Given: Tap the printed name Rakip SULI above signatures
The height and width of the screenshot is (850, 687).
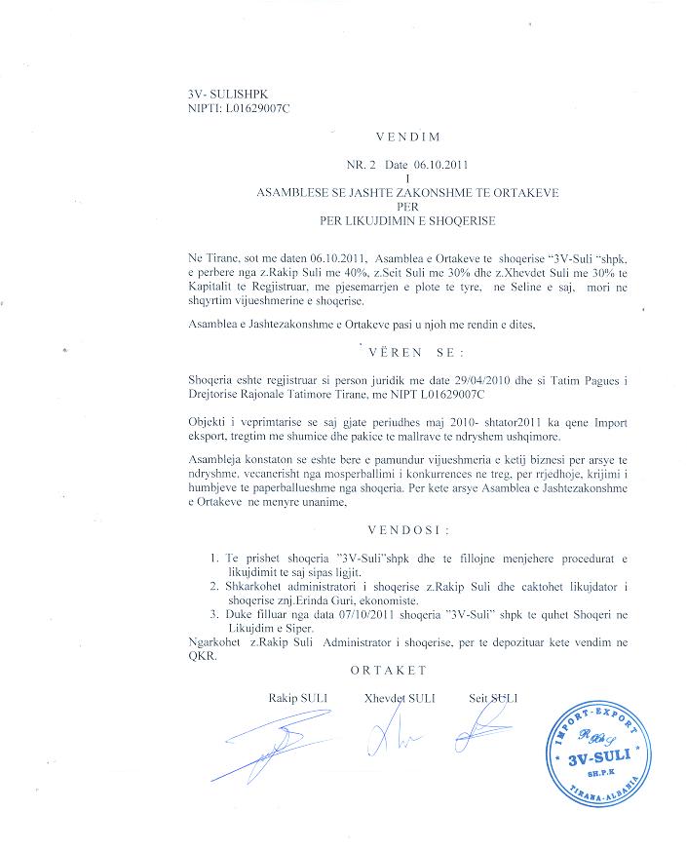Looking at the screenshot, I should point(298,698).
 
